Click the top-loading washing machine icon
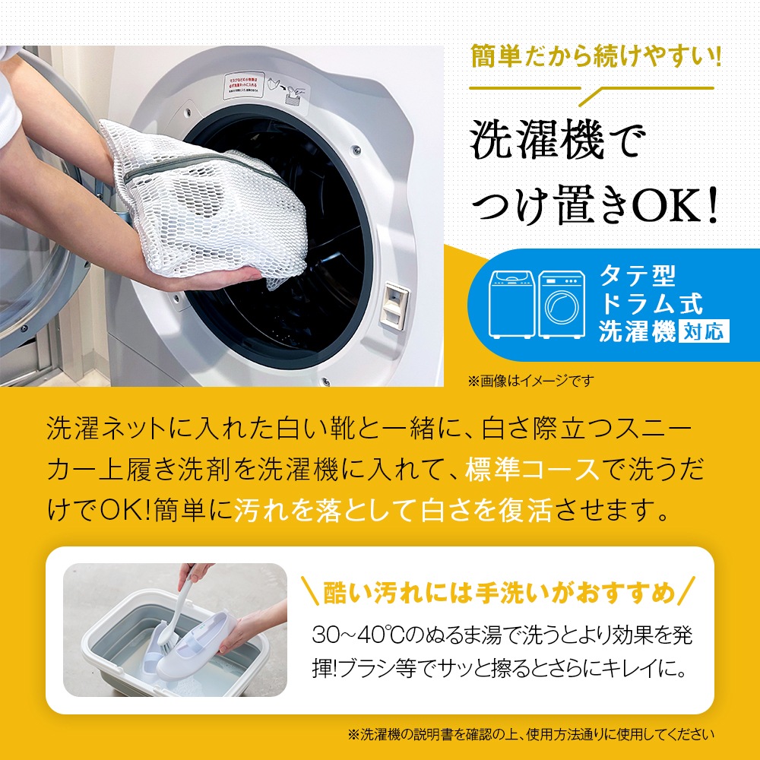click(512, 303)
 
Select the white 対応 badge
click(702, 332)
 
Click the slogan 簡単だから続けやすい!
click(594, 58)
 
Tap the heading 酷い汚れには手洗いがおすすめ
click(499, 591)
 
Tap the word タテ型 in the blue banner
click(637, 275)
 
